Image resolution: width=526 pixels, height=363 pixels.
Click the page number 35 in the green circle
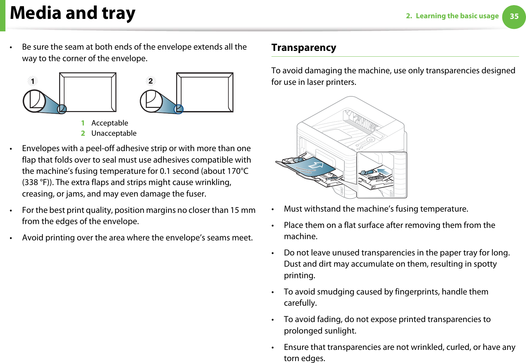coord(514,16)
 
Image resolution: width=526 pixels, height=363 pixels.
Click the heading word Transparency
coord(304,48)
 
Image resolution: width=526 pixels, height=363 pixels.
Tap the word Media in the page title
coord(35,13)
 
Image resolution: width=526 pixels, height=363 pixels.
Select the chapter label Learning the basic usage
coord(457,16)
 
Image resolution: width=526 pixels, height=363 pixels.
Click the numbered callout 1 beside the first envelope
coord(33,81)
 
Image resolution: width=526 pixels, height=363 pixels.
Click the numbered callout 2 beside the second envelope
coord(151,81)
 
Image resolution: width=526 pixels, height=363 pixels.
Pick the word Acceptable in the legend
coord(110,123)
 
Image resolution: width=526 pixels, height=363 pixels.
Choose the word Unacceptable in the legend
coord(114,133)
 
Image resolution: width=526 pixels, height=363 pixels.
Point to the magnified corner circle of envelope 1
coord(34,101)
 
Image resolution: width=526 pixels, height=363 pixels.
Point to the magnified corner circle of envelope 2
coord(151,101)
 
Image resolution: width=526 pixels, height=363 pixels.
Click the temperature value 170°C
coord(237,171)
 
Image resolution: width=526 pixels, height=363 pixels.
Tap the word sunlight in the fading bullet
coord(341,331)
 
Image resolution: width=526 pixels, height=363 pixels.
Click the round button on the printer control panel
coord(370,140)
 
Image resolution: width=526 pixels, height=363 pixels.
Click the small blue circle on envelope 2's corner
coord(178,109)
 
